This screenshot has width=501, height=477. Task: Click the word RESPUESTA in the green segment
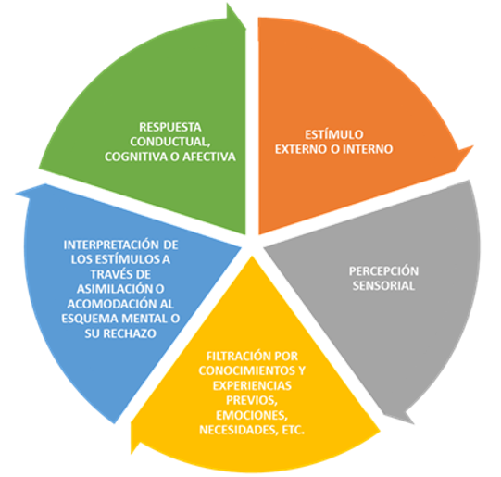tap(170, 127)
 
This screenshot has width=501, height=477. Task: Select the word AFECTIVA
tap(209, 157)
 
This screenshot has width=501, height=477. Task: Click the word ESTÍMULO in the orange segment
tap(334, 134)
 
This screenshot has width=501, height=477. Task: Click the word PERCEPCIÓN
tap(383, 271)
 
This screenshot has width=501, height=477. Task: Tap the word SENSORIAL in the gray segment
tap(383, 285)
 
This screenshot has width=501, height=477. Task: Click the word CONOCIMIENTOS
tap(247, 370)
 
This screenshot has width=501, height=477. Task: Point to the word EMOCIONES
tap(252, 415)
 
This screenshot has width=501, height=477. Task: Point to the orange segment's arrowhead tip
tap(473, 146)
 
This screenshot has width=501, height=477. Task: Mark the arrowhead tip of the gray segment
tap(414, 424)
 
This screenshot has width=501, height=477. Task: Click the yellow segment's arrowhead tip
tap(132, 453)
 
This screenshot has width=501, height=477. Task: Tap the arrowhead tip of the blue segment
tap(16, 193)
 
